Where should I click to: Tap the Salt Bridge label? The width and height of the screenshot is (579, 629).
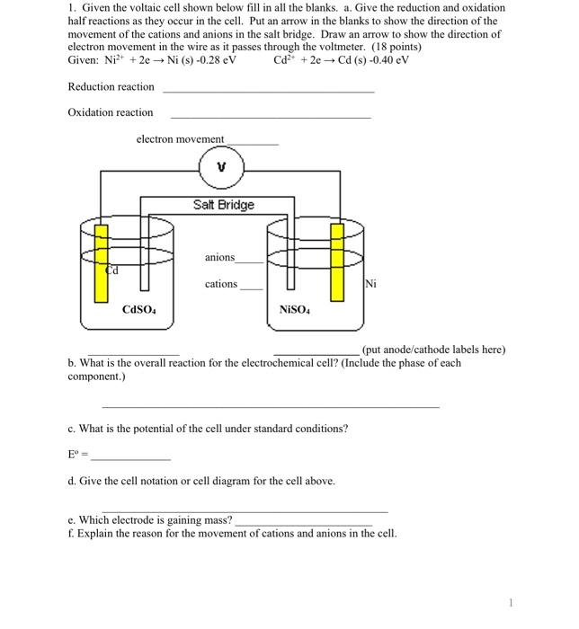pos(223,205)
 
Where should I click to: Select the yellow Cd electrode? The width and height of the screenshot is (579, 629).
pos(102,261)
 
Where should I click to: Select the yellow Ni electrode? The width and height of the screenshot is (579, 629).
pos(338,261)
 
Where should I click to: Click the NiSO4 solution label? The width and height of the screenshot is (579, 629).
pos(296,310)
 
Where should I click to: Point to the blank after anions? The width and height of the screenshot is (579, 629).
pos(250,261)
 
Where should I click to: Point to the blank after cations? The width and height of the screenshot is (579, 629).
pos(252,288)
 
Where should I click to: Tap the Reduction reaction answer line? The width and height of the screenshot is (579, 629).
pos(268,91)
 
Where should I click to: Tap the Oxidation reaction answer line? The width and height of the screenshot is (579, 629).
pos(270,117)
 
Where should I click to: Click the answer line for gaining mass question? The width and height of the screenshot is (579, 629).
pos(303,522)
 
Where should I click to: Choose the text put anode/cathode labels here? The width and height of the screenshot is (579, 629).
pos(433,350)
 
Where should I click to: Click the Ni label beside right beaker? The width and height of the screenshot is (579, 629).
pos(370,285)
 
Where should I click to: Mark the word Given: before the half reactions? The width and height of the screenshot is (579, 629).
pos(85,60)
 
